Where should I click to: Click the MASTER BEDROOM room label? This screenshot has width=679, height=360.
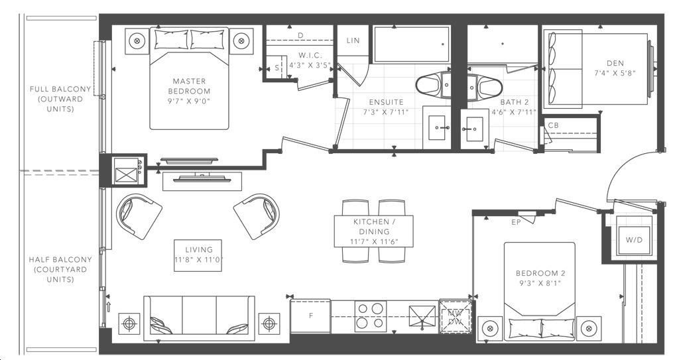pos(189,86)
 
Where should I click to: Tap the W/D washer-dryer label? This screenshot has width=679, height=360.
pos(634,239)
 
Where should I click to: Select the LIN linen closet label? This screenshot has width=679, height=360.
pos(353,40)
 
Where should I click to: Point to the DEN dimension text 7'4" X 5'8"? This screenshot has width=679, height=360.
pos(615,73)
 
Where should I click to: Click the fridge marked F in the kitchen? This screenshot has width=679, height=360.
pos(310,316)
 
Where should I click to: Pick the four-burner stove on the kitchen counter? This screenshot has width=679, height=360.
pos(371,316)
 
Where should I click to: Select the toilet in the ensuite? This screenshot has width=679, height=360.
pos(434,86)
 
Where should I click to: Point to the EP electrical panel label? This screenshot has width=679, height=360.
pos(516,222)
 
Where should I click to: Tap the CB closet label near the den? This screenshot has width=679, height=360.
pos(553,125)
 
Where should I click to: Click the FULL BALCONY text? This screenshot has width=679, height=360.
pos(60,89)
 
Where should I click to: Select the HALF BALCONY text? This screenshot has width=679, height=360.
pos(60,259)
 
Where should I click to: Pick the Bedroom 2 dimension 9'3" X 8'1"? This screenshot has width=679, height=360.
pos(540,283)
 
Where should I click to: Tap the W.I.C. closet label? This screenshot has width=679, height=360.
pos(310,56)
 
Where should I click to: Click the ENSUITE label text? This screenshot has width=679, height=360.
pos(387,102)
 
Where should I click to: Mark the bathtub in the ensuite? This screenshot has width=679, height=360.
pos(411,44)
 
